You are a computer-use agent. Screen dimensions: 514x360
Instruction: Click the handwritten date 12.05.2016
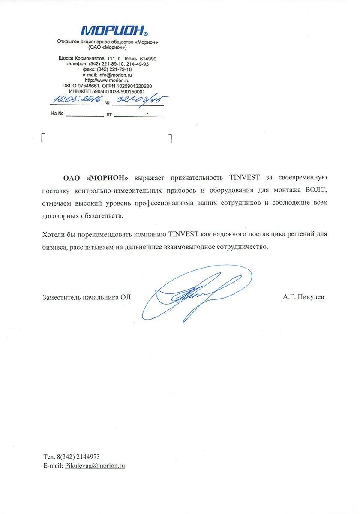[77, 100]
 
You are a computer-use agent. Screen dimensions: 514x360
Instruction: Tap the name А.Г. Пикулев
[303, 296]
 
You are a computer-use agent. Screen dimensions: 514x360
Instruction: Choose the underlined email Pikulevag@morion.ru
[95, 466]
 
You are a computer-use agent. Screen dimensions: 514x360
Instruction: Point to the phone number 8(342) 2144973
[78, 457]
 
